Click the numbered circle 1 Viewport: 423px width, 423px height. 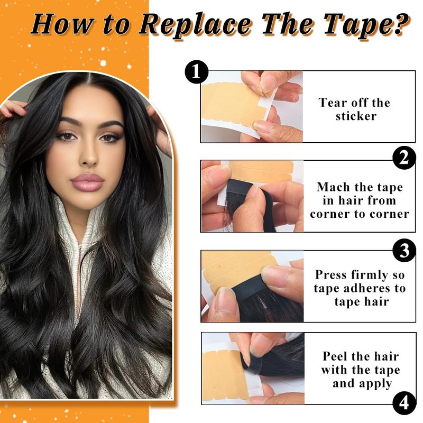coord(196,72)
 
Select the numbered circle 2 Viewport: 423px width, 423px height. coord(404,158)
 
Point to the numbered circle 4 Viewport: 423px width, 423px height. coord(404,403)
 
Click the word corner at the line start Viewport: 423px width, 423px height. coord(329,214)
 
